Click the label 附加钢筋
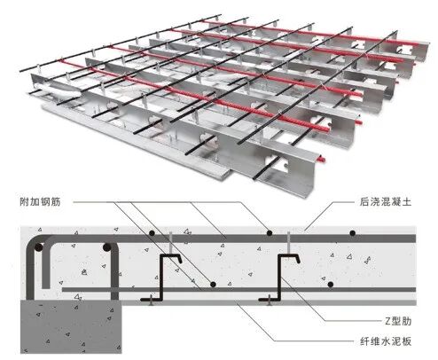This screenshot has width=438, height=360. (40, 202)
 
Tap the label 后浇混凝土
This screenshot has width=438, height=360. (386, 202)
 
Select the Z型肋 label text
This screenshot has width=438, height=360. (398, 321)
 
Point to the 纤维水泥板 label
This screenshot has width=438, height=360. (386, 341)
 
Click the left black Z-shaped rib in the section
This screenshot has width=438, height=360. (162, 278)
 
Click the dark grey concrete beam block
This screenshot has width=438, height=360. (71, 326)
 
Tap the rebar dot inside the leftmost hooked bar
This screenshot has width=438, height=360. (38, 247)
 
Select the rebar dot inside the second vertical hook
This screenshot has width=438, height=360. (106, 247)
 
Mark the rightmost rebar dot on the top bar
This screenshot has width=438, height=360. (352, 233)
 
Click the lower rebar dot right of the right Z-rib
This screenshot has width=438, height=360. (331, 285)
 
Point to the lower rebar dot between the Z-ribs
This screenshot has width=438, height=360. (213, 285)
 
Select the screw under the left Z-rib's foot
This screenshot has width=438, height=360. (151, 300)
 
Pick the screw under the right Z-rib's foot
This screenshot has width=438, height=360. (269, 300)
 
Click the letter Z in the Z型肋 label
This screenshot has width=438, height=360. (388, 321)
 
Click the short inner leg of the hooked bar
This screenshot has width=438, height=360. (46, 264)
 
